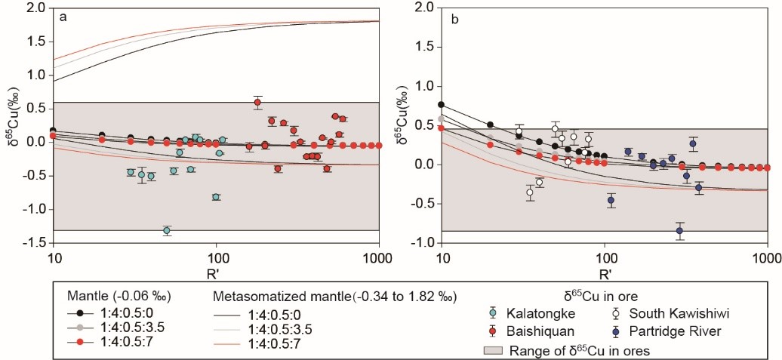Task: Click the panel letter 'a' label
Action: pos(64,16)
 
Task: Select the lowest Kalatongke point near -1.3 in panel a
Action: pos(167,230)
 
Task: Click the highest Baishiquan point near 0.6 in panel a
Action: pos(257,102)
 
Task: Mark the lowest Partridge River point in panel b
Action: pos(679,231)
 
